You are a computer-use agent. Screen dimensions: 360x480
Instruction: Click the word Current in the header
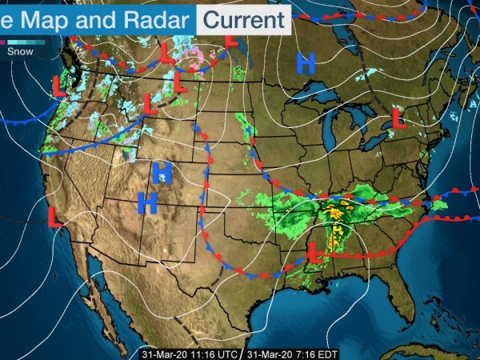point(243,18)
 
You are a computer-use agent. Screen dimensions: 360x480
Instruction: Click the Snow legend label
point(20,50)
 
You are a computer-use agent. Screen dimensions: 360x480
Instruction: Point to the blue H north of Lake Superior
point(306,63)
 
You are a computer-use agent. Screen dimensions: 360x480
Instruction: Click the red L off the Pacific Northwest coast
point(58,86)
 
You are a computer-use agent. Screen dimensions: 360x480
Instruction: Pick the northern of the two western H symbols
point(162,171)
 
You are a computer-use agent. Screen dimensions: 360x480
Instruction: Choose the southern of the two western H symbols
point(147,202)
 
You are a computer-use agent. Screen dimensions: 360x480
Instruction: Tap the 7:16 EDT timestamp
point(289,353)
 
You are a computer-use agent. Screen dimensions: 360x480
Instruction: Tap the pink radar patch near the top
point(194,54)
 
